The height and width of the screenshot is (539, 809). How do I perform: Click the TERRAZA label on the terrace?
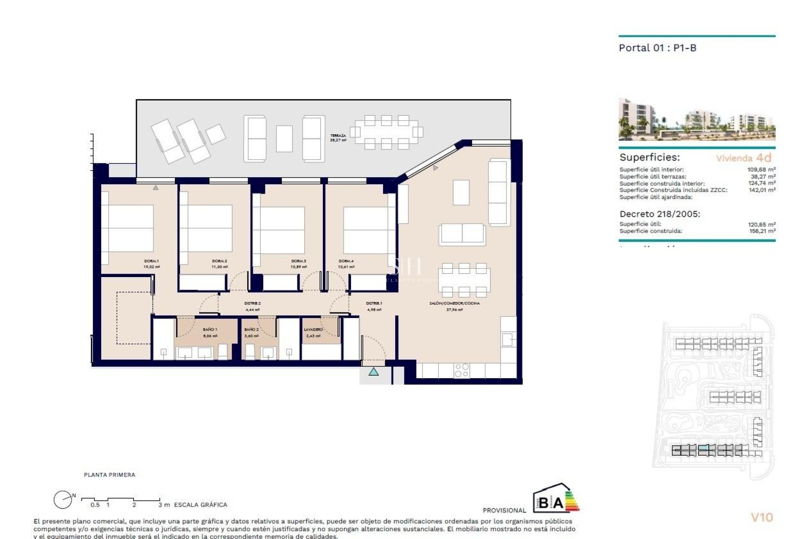(x=338, y=136)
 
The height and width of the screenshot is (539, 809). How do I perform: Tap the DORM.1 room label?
(x=151, y=261)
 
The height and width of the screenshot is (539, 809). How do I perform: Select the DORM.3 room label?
(x=298, y=261)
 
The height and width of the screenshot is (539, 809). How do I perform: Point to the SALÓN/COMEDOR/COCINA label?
(x=454, y=303)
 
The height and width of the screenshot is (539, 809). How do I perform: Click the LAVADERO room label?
(x=313, y=329)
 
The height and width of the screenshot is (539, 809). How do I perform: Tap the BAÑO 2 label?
(x=251, y=329)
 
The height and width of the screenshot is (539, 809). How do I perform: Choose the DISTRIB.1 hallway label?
(x=374, y=303)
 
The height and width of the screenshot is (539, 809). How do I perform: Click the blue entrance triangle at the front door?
(x=373, y=372)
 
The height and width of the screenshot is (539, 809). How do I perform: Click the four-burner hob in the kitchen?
(x=462, y=370)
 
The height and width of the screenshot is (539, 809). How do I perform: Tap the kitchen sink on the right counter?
(x=508, y=339)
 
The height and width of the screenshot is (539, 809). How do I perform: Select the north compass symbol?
(x=63, y=500)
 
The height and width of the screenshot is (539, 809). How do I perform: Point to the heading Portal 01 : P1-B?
(x=657, y=48)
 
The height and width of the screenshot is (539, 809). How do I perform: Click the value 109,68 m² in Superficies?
(x=761, y=170)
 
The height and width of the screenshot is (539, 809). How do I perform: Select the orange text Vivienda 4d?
(x=744, y=158)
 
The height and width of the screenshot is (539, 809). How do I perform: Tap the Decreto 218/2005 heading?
(x=660, y=214)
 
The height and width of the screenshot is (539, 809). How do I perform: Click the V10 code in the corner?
(x=762, y=518)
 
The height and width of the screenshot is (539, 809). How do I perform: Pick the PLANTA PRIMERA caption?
(x=110, y=475)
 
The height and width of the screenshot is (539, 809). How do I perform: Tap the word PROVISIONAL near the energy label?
(x=504, y=510)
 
